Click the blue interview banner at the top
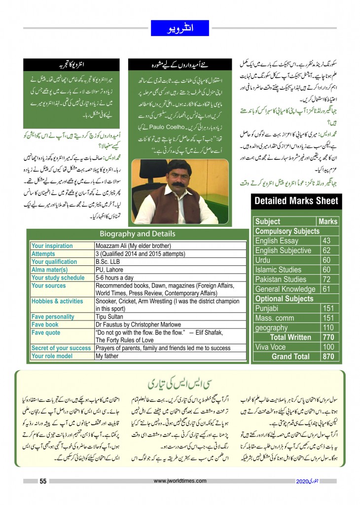(180, 28)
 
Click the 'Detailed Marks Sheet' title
(296, 201)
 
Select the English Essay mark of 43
(326, 241)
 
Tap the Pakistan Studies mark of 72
(326, 279)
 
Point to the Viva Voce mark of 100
(327, 347)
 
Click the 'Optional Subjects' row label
(285, 298)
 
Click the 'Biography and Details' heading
(137, 234)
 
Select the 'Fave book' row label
(45, 325)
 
